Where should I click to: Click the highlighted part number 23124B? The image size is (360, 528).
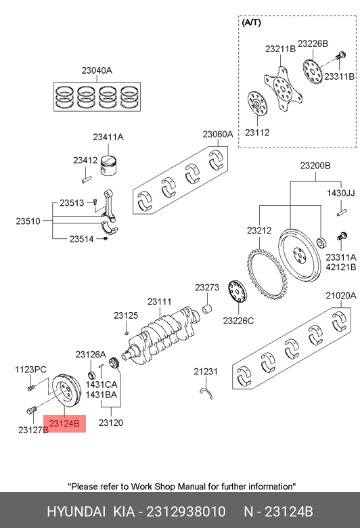[x=64, y=424]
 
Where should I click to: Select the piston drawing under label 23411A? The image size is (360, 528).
[x=109, y=166]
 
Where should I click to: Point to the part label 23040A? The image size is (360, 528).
[x=97, y=70]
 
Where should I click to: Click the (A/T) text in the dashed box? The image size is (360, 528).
[x=251, y=22]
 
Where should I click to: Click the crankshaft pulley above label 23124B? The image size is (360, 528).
[x=68, y=390]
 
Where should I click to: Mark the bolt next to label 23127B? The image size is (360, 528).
[x=31, y=410]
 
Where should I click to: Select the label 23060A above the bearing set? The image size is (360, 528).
[x=218, y=134]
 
